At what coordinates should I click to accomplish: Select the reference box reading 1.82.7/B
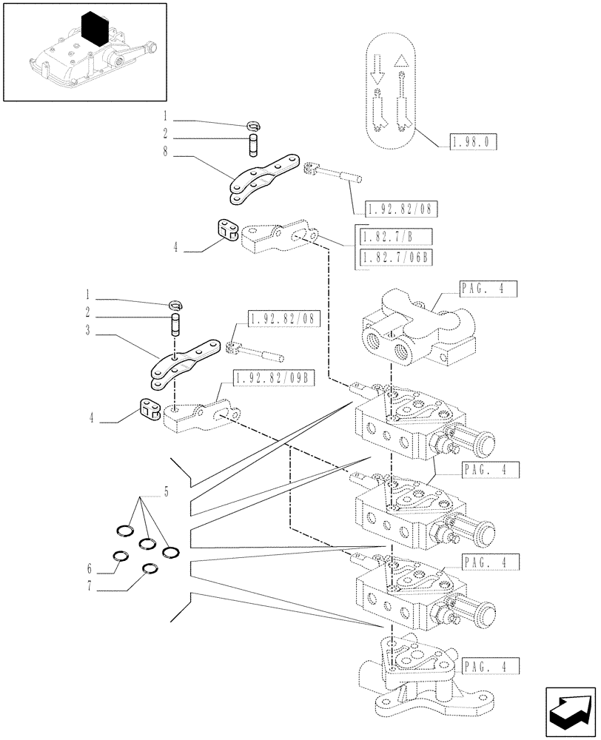(394, 238)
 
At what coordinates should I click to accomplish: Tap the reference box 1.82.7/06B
(396, 257)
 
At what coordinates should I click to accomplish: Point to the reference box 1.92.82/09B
(273, 380)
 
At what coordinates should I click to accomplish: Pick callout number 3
(87, 331)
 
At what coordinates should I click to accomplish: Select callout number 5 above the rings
(167, 491)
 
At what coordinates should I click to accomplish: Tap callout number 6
(89, 568)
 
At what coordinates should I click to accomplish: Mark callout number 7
(89, 589)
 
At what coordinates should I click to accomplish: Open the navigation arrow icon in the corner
(569, 708)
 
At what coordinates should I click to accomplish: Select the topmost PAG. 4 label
(487, 289)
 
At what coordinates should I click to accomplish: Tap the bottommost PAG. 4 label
(487, 665)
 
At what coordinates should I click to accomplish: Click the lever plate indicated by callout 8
(263, 178)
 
